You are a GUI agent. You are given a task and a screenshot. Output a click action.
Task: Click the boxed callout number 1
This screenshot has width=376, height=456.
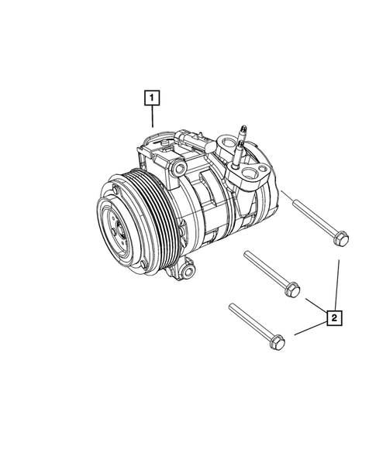(152, 98)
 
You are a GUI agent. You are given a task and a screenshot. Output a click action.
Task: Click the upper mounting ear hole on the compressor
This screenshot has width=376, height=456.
(180, 168)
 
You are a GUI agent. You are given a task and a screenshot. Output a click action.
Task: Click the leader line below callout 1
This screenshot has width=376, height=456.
(152, 117)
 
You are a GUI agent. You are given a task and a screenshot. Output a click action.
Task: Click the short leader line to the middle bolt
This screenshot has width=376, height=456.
(313, 303)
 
